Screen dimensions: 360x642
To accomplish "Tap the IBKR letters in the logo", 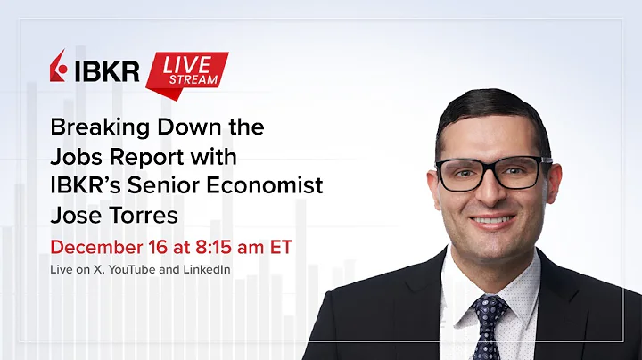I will point(106,70).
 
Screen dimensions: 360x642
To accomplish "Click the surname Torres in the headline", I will point(149,216).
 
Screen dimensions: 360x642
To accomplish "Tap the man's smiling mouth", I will point(492,218).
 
